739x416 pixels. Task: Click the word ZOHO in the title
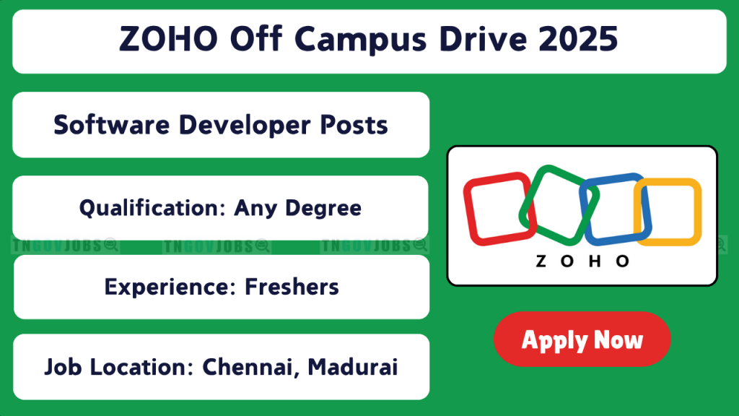(x=168, y=39)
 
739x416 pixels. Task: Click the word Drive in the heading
(x=483, y=39)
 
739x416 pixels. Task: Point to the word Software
(x=112, y=125)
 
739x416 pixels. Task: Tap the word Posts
(x=354, y=125)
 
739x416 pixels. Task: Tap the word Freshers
(x=292, y=287)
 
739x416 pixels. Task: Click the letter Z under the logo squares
(x=541, y=261)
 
